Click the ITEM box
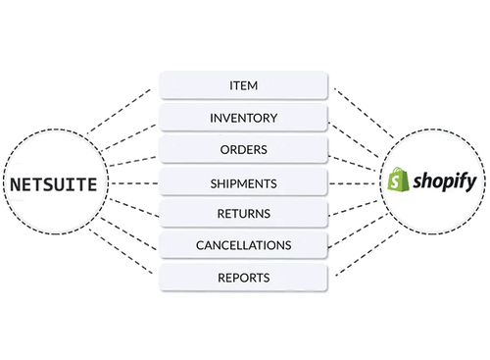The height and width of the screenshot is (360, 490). point(244,86)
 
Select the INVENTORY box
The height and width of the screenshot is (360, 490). point(244,119)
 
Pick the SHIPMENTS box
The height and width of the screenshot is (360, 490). point(244,183)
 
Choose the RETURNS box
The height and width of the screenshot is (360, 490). point(244,213)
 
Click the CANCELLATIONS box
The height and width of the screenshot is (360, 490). point(244,244)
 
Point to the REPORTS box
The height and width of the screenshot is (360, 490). point(244,278)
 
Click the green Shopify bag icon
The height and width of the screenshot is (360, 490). point(397,180)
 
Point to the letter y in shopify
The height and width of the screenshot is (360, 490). point(471,183)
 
